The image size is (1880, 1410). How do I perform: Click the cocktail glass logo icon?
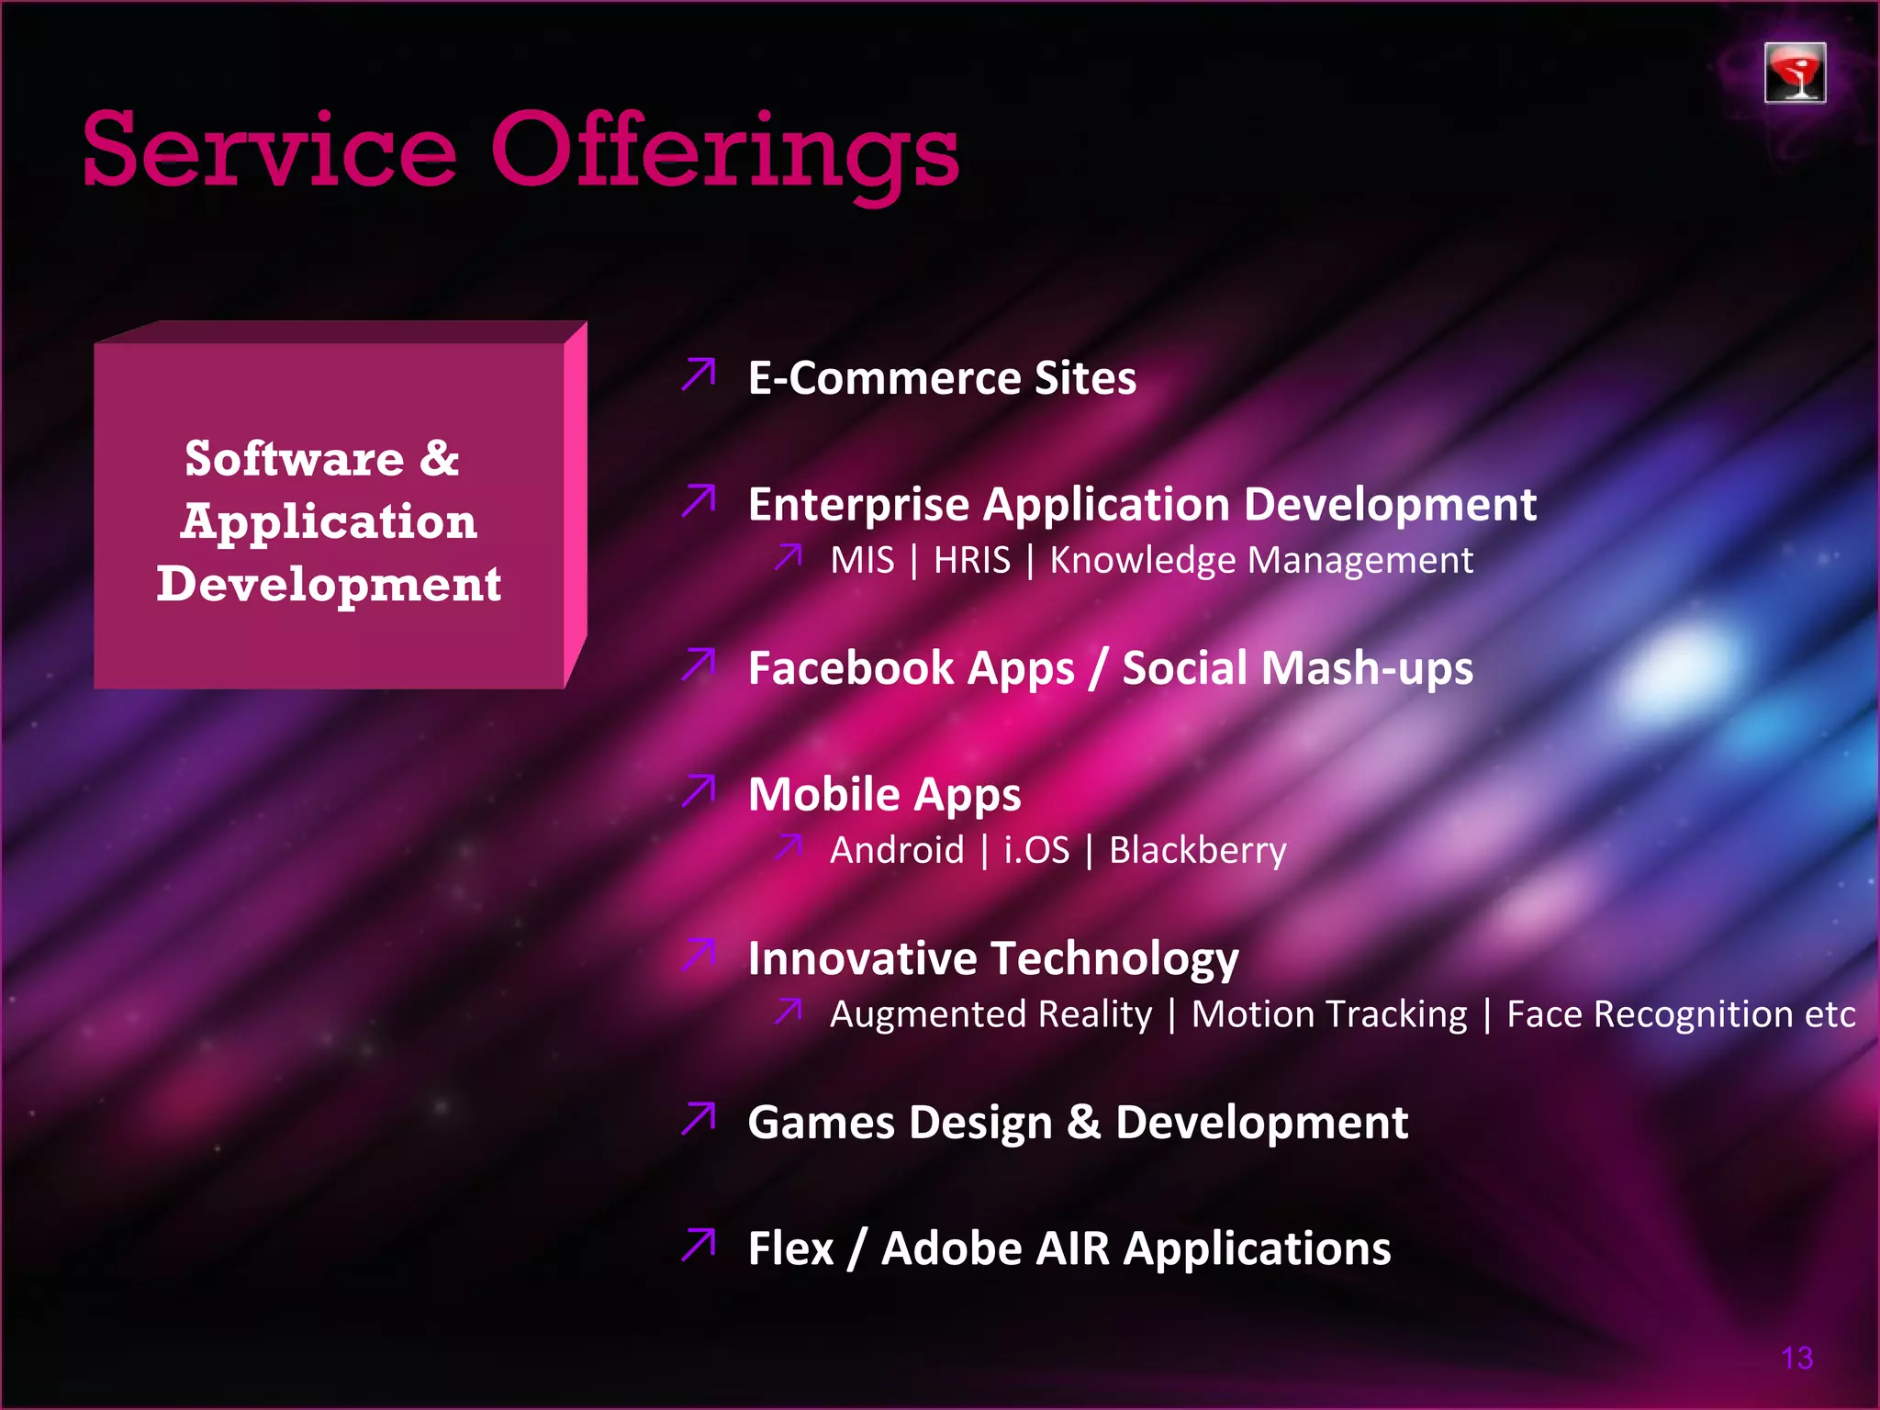tap(1794, 73)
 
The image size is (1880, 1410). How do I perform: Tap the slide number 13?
tap(1796, 1358)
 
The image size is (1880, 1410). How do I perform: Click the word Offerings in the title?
tap(724, 151)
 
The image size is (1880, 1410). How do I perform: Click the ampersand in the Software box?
tap(440, 458)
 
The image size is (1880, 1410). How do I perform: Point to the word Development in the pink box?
tap(329, 584)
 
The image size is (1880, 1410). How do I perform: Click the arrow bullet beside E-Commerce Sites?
tap(699, 375)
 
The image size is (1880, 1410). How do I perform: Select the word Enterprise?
tap(859, 505)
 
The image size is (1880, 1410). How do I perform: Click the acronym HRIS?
tap(971, 560)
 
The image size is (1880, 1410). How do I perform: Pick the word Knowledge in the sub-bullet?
tap(1142, 561)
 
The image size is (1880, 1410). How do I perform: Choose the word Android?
tap(897, 850)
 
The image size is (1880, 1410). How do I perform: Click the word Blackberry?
tap(1197, 851)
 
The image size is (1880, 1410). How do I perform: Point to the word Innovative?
tap(862, 958)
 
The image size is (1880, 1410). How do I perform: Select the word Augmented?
tap(990, 1014)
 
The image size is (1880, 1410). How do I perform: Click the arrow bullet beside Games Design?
tap(699, 1119)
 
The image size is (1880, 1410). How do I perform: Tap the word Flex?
tap(790, 1248)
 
